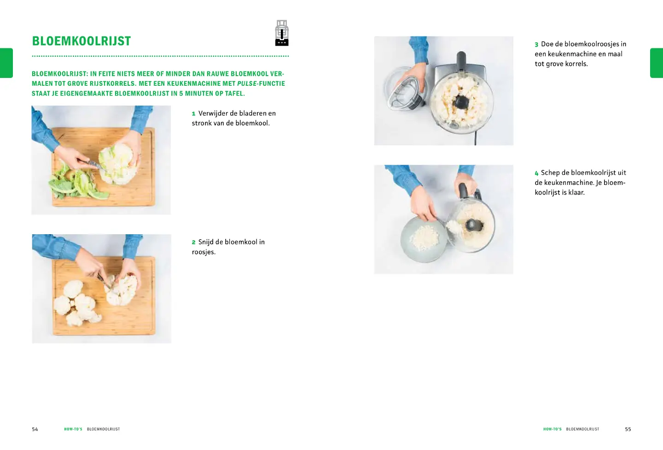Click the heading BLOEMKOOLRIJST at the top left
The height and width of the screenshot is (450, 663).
[x=81, y=41]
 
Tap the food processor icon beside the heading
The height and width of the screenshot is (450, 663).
[x=282, y=33]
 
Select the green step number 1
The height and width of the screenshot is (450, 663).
[x=193, y=113]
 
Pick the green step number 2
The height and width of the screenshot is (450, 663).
[x=193, y=242]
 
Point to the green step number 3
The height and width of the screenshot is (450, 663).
[x=536, y=44]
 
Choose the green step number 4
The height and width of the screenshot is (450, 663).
[x=537, y=173]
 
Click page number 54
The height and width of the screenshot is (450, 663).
[x=35, y=429]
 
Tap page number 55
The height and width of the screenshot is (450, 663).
[x=628, y=429]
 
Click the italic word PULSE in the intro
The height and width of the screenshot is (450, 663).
[x=247, y=83]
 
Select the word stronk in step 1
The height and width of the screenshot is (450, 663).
[x=202, y=123]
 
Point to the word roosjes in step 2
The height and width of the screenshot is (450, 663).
[x=204, y=252]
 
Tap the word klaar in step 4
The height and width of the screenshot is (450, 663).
[x=576, y=192]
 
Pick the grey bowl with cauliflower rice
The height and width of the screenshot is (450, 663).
[x=423, y=239]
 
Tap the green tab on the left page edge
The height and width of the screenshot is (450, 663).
[x=6, y=63]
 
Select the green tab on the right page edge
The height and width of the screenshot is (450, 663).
[x=657, y=63]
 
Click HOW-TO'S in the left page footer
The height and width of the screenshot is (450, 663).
[x=73, y=429]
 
